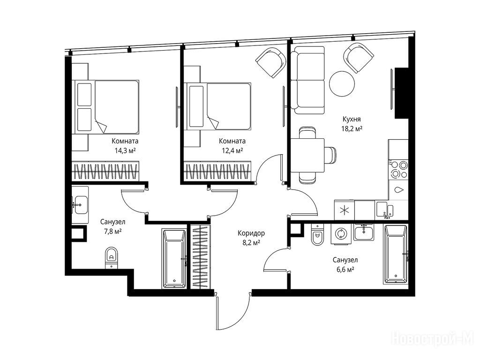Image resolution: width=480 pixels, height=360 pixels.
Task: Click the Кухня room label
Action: tap(352, 119)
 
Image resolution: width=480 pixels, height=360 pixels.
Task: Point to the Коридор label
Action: tap(251, 233)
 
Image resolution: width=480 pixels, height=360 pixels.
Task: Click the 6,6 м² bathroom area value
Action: tap(345, 270)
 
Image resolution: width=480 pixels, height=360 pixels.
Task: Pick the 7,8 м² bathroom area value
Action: tap(112, 232)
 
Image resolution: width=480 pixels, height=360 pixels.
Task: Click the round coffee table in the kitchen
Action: tap(342, 83)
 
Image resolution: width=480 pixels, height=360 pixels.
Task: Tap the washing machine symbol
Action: tap(340, 234)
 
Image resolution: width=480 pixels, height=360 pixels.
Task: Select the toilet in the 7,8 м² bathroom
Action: tap(111, 258)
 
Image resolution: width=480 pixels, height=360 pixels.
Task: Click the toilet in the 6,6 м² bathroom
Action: tap(318, 235)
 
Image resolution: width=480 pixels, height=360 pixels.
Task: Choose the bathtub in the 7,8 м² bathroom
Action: tap(174, 259)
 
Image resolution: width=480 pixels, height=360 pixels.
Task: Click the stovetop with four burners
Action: tap(398, 169)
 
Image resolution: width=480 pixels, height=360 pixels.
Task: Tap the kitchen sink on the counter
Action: tap(385, 210)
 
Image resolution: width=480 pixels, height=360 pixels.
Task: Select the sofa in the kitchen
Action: tap(307, 80)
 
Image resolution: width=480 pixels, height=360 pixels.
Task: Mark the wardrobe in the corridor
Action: tap(200, 256)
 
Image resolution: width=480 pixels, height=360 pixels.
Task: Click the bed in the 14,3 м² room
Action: tap(105, 107)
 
